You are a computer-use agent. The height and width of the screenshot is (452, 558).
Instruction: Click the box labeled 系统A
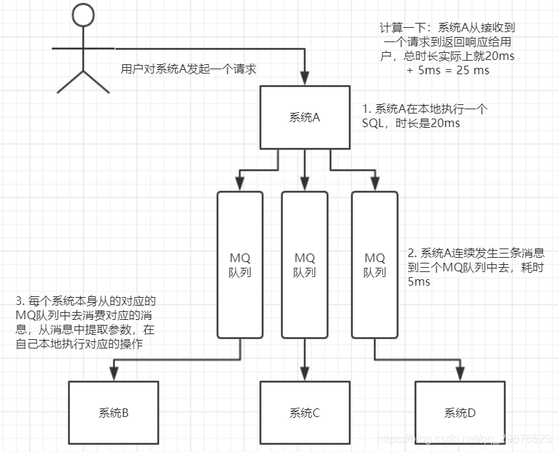(x=305, y=118)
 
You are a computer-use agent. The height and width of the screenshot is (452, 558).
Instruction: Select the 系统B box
(x=113, y=413)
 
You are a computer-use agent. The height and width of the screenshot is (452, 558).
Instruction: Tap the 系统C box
(x=305, y=413)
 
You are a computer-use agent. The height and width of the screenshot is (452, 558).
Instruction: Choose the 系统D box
(x=459, y=413)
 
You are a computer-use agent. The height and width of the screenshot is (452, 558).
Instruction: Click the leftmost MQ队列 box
(x=239, y=264)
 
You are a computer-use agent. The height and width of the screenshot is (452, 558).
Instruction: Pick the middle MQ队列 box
(x=305, y=264)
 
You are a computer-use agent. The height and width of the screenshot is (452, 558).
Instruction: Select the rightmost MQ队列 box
(x=375, y=264)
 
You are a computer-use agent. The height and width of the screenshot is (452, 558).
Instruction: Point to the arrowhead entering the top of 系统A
(x=305, y=81)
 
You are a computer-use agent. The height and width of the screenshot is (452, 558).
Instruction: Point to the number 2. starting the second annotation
(x=412, y=253)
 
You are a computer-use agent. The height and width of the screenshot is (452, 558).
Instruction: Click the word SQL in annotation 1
(x=373, y=124)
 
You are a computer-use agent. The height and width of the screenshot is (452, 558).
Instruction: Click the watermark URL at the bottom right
(x=465, y=437)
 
